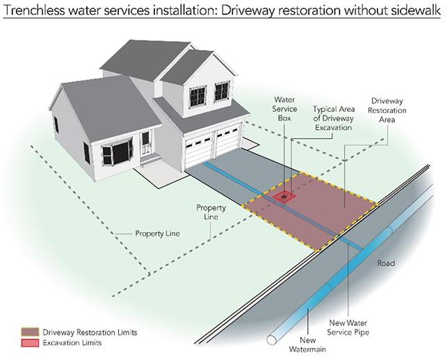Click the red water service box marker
click(x=284, y=197)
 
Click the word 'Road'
click(x=386, y=264)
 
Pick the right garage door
click(x=227, y=145)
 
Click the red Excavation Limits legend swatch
click(x=31, y=343)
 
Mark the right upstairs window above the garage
click(x=222, y=91)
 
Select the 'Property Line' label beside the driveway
click(x=209, y=212)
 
